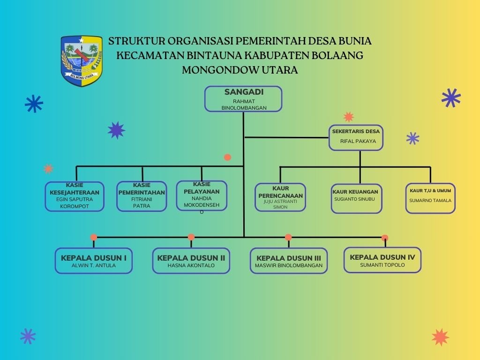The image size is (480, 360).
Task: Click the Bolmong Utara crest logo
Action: [x=82, y=61]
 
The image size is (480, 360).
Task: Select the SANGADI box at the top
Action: [x=243, y=98]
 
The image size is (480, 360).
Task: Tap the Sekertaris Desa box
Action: [x=356, y=137]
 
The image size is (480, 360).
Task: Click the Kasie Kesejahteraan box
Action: [x=75, y=196]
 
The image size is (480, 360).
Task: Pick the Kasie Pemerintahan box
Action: [x=142, y=196]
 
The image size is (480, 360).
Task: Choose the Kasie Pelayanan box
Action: [x=202, y=195]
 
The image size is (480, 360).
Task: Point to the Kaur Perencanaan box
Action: [x=280, y=197]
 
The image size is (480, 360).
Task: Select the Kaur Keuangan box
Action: [x=356, y=198]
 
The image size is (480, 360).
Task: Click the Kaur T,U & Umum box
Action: [x=430, y=198]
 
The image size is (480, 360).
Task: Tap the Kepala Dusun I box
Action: [x=94, y=261]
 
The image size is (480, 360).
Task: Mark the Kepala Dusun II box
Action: [x=191, y=261]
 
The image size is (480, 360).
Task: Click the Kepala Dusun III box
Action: [x=289, y=261]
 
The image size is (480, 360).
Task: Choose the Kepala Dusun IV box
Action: [x=382, y=260]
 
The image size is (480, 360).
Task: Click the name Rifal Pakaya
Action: [x=358, y=141]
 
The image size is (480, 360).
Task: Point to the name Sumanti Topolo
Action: [x=382, y=265]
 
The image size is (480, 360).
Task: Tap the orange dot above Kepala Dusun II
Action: [x=191, y=237]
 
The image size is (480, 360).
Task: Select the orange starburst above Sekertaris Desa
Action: [x=348, y=117]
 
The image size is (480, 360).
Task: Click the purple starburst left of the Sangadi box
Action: [x=116, y=130]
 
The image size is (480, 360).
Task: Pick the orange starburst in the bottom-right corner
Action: [x=440, y=337]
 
